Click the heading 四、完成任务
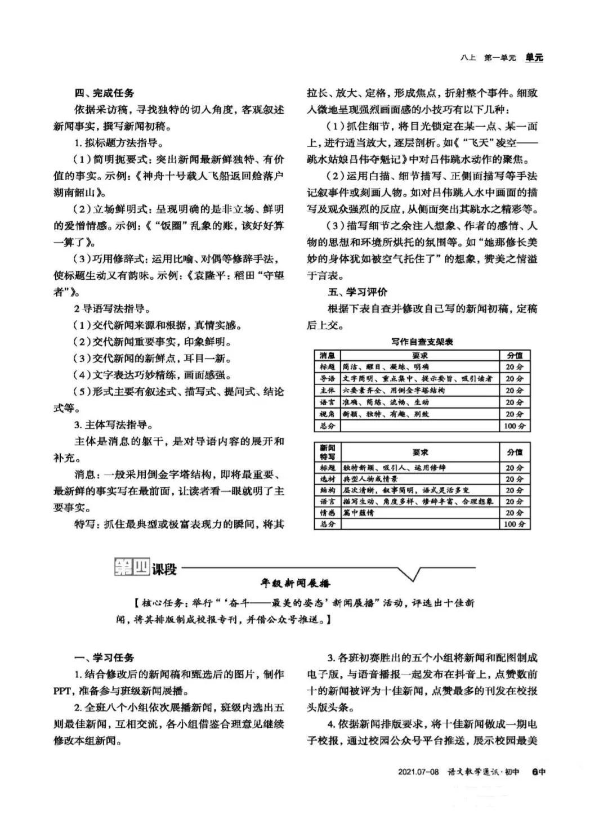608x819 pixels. pos(105,93)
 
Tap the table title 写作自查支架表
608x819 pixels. pos(422,342)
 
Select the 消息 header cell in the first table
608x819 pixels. pos(327,355)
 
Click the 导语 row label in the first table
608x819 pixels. pos(327,378)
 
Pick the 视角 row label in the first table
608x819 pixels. pos(327,414)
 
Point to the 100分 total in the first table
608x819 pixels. pos(514,426)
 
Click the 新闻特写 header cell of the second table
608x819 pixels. pos(327,452)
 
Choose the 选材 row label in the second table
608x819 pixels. pos(327,479)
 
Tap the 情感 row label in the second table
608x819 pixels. pos(327,513)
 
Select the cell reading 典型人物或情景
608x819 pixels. pos(370,479)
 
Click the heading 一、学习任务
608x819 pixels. pos(105,658)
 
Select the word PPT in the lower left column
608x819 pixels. pos(63,691)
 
